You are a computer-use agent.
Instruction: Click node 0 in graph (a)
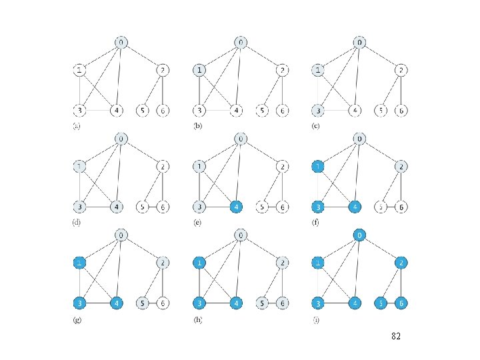pos(121,43)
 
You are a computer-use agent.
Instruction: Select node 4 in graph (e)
pos(236,207)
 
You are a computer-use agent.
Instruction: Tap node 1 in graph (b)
pos(199,69)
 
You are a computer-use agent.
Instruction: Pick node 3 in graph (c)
pos(319,110)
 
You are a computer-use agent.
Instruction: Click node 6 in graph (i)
pos(401,303)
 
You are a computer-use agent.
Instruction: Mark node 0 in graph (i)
pos(360,235)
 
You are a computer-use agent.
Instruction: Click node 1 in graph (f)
pos(319,166)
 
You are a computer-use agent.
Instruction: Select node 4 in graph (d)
pos(117,207)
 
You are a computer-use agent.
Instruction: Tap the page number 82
pos(395,337)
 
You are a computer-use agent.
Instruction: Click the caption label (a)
pos(77,126)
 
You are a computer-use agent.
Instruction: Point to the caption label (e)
pos(197,223)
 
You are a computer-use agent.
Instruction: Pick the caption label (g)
pos(77,320)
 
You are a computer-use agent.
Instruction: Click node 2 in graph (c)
pos(401,69)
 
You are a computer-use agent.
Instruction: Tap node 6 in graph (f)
pos(401,207)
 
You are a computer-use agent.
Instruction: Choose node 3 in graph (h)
pos(199,303)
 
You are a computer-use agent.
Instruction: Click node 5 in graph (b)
pos(264,110)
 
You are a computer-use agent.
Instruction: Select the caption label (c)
pos(317,126)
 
